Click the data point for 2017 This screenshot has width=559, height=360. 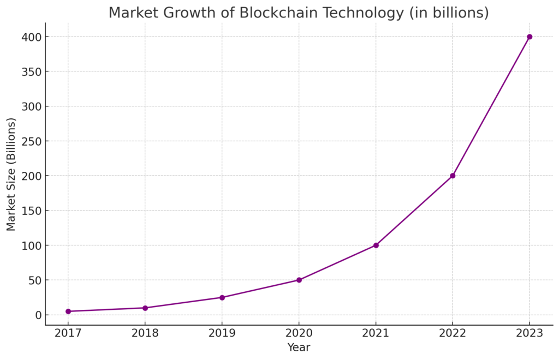click(x=68, y=311)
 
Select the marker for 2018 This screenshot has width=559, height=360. click(x=145, y=308)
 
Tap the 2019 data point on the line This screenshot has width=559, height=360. click(x=222, y=297)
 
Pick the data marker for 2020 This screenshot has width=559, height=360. click(x=299, y=280)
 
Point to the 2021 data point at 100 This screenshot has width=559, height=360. click(x=376, y=245)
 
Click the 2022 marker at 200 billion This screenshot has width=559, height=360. click(x=453, y=176)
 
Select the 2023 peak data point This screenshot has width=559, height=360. click(x=530, y=37)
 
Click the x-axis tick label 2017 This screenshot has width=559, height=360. click(x=68, y=333)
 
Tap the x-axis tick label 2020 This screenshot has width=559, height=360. click(x=299, y=333)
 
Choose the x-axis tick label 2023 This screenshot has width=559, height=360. click(x=530, y=333)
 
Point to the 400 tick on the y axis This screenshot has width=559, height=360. click(x=32, y=37)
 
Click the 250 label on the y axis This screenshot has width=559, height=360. click(x=32, y=141)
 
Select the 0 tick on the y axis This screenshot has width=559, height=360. click(x=38, y=315)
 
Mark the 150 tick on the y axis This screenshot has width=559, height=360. click(x=32, y=211)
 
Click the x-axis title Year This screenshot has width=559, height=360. click(x=299, y=347)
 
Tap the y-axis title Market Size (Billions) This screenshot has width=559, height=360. click(x=11, y=174)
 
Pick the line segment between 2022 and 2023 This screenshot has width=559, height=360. click(x=491, y=106)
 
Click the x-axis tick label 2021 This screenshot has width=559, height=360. click(x=376, y=333)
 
